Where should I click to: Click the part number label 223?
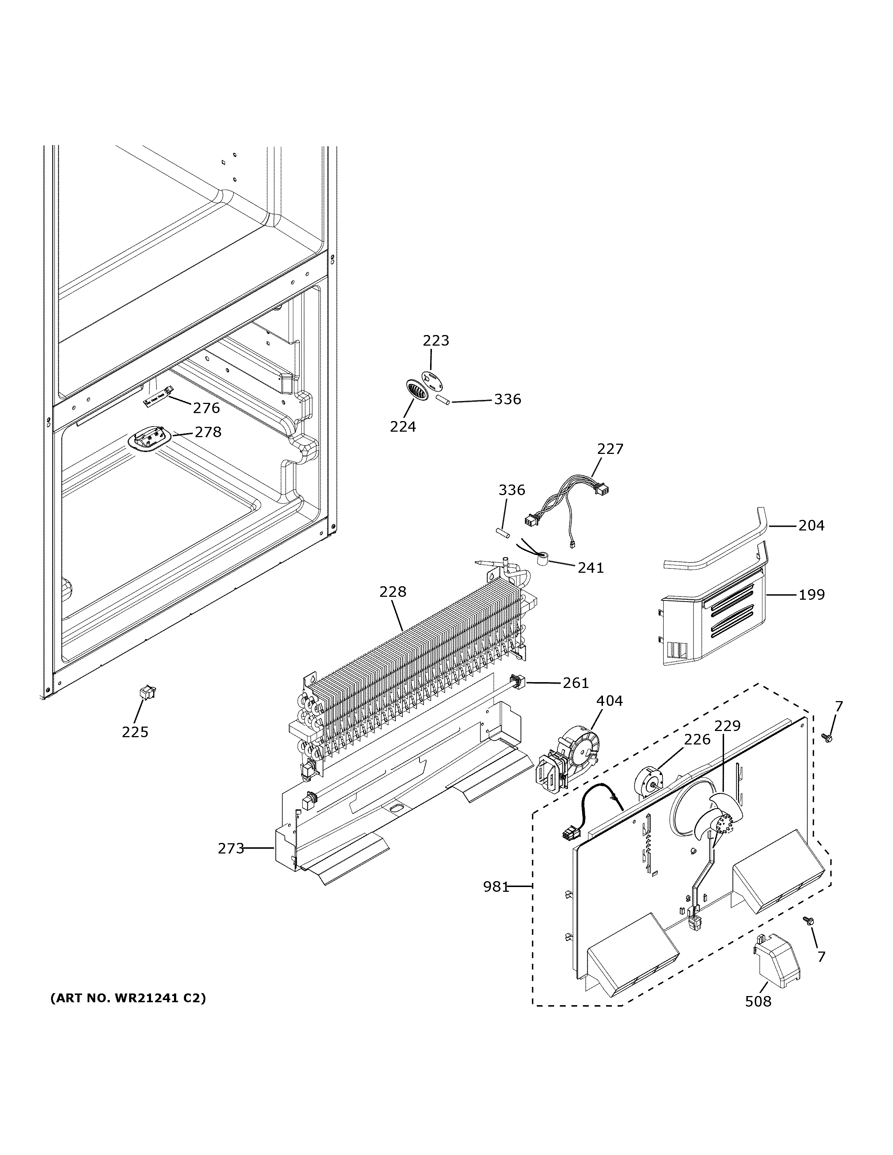(x=436, y=341)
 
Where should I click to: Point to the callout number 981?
(x=495, y=887)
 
